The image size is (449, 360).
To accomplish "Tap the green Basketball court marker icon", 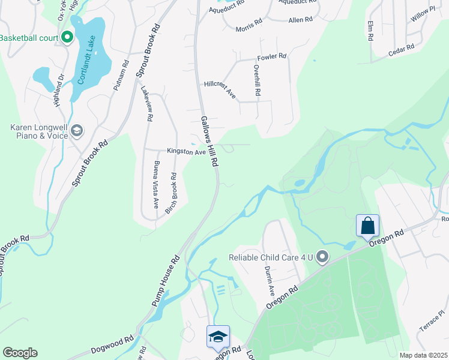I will click(67, 38).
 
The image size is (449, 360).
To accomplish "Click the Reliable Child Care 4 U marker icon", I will click(322, 257).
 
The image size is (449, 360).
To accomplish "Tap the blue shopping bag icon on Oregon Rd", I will click(367, 226).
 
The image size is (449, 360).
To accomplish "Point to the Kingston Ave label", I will click(186, 152).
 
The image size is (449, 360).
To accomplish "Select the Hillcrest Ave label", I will click(220, 90).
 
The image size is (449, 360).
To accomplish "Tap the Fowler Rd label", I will click(272, 57).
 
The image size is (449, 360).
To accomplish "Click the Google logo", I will click(20, 352).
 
